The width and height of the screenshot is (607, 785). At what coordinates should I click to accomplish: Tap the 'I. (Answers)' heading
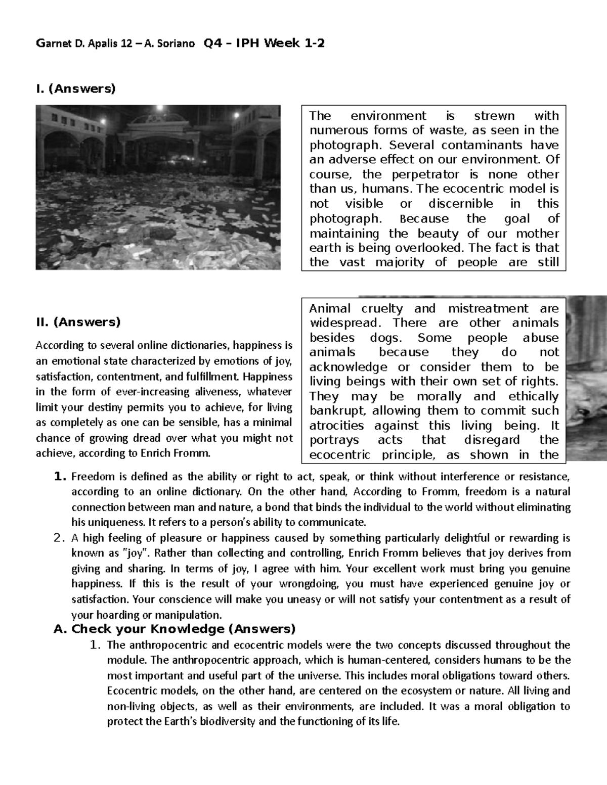(75, 89)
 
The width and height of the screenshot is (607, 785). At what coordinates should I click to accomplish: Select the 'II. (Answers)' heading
(78, 322)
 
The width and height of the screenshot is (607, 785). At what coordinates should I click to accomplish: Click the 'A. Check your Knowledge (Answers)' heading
(174, 629)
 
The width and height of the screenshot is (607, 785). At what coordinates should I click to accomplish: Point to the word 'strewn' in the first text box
(494, 116)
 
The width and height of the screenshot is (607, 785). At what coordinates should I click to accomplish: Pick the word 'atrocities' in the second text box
(336, 426)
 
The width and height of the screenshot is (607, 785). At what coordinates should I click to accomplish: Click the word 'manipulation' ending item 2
(192, 615)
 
